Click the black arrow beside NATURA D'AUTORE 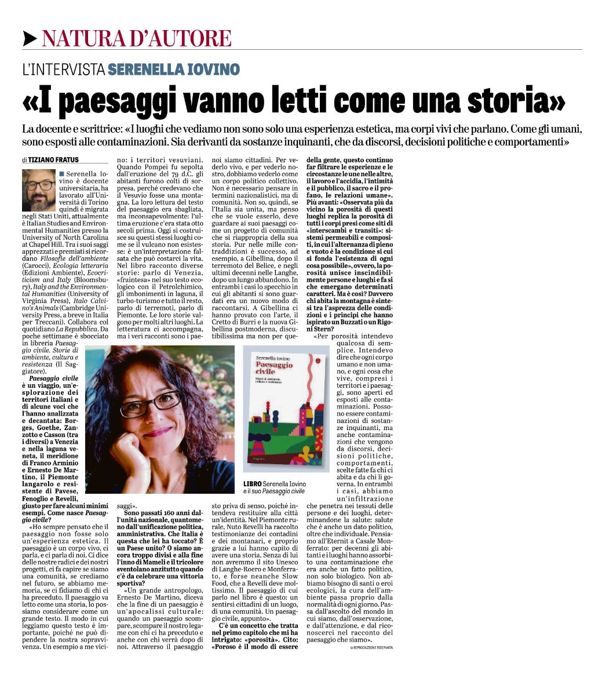30,38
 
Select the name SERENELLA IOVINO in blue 174,70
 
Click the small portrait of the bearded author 38,190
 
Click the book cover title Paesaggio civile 274,369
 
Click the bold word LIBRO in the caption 253,484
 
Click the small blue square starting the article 61,174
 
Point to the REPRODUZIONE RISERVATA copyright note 371,647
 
